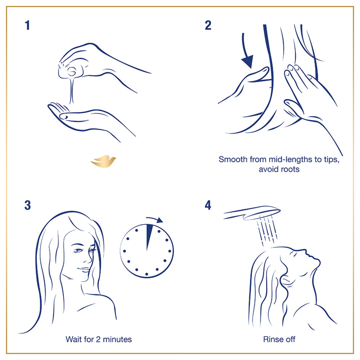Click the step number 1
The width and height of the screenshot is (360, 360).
click(x=28, y=25)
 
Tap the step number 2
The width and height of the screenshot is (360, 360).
click(x=208, y=25)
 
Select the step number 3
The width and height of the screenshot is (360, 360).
click(x=28, y=205)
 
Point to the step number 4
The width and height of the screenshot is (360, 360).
click(x=208, y=205)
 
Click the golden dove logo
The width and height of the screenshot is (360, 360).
click(x=103, y=161)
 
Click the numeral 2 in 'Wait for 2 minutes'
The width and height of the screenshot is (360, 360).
click(x=98, y=339)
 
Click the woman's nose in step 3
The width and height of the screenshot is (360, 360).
click(x=87, y=258)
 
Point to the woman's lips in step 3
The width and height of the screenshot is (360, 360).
click(x=83, y=269)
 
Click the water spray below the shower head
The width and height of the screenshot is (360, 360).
click(x=267, y=230)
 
